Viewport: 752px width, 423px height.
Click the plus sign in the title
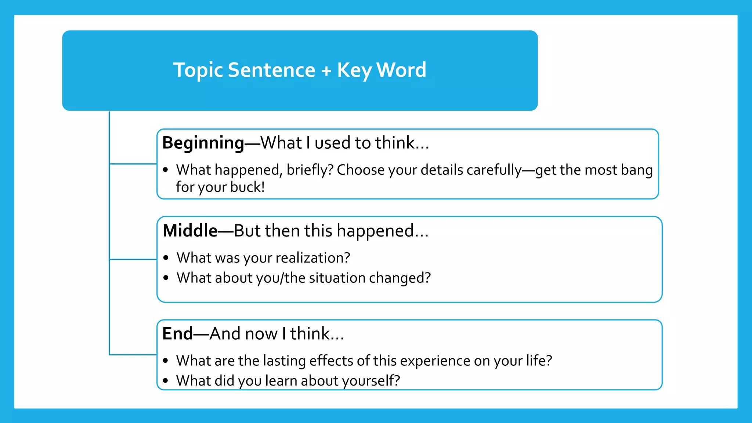[x=326, y=71]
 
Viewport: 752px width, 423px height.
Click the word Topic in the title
[x=198, y=70]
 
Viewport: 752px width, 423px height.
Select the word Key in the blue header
[x=354, y=70]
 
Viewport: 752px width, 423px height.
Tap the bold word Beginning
[x=203, y=143]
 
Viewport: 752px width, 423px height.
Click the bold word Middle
[x=190, y=231]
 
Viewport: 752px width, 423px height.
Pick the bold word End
[x=177, y=334]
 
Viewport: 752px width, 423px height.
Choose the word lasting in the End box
[x=284, y=361]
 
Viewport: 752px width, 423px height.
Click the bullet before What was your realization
[x=166, y=258]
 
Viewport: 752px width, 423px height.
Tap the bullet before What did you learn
[x=166, y=381]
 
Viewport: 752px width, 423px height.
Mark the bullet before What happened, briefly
[x=166, y=170]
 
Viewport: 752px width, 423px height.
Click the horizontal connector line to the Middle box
[x=133, y=259]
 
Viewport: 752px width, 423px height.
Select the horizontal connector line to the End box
[x=133, y=355]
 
